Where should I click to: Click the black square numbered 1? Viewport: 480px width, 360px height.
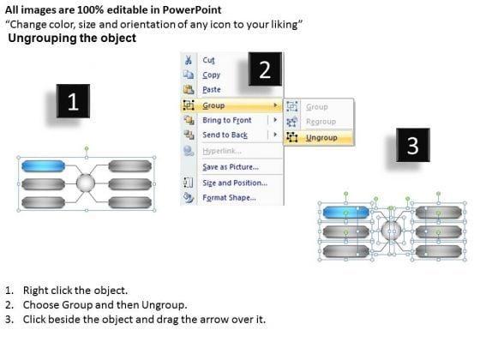73,101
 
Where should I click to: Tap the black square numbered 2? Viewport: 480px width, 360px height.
265,69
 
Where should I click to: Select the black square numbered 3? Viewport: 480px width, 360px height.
413,145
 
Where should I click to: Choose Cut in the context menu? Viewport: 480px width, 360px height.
208,60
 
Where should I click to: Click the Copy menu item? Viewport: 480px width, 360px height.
211,75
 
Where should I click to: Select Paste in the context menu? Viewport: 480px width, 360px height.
212,90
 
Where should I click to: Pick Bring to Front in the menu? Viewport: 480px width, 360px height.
227,120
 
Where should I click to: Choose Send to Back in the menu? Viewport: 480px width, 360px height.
225,135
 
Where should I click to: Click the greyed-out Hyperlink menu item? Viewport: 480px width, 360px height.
222,151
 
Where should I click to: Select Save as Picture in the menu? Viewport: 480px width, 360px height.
231,167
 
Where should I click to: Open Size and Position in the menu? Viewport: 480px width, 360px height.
235,183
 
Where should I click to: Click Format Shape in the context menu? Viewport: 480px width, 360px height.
230,198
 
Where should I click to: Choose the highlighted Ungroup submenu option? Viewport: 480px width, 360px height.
321,138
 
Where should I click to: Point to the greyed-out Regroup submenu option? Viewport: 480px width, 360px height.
321,122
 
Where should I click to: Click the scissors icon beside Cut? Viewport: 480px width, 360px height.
189,60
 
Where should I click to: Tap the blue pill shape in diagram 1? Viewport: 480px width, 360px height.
43,166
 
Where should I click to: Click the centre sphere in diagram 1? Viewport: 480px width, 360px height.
86,183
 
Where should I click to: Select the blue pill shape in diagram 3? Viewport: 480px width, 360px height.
345,213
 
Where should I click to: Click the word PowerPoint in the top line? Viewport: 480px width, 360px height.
192,9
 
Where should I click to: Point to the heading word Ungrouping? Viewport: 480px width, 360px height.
42,39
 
